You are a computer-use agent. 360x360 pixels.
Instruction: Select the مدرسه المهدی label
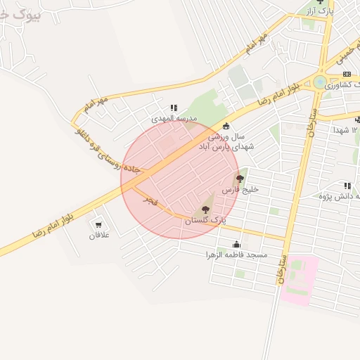(x=175, y=119)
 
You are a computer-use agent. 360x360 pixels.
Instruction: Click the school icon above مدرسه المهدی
(x=174, y=108)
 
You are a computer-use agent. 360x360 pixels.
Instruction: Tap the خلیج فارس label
(x=241, y=190)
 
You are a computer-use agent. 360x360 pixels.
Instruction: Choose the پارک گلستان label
(x=207, y=221)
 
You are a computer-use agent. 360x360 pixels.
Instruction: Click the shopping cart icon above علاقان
(x=98, y=224)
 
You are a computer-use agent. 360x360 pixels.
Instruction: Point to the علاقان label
(x=98, y=235)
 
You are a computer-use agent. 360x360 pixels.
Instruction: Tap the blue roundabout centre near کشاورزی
(x=320, y=82)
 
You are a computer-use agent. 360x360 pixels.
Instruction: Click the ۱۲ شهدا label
(x=345, y=131)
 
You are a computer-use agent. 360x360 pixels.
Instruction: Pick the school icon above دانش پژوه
(x=347, y=186)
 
